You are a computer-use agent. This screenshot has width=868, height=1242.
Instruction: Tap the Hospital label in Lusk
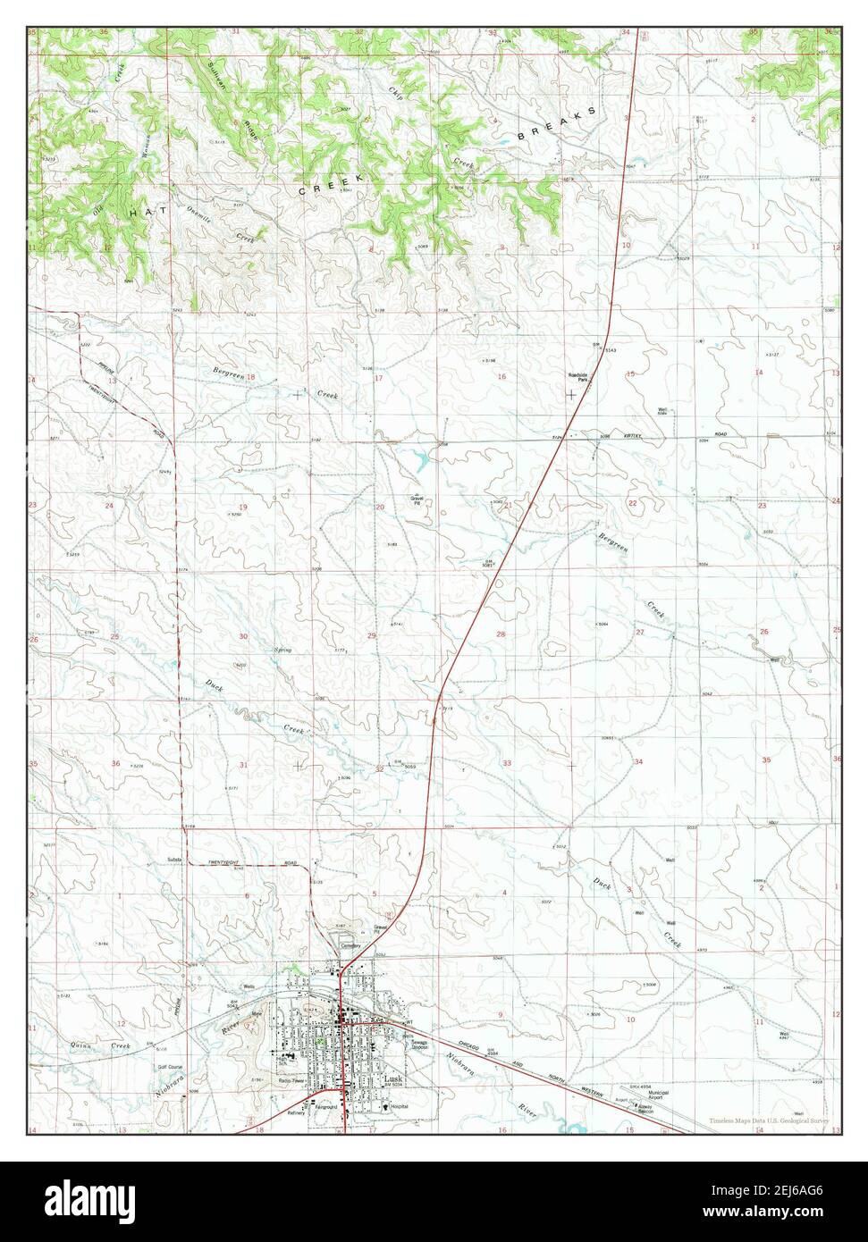[399, 1106]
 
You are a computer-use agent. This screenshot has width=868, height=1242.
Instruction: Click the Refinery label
[297, 1113]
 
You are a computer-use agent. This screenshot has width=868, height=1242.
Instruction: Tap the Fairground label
[326, 1107]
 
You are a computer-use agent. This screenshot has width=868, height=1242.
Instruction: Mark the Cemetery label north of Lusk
[350, 945]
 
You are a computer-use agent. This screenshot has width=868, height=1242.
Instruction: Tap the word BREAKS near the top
[555, 126]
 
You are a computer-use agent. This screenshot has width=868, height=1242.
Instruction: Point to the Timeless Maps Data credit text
[770, 1120]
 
